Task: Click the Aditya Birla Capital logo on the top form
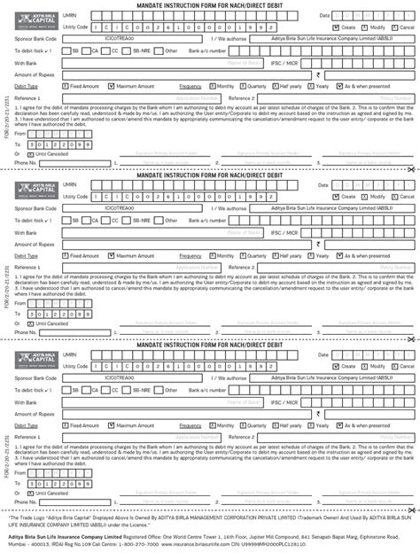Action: tap(36, 20)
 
